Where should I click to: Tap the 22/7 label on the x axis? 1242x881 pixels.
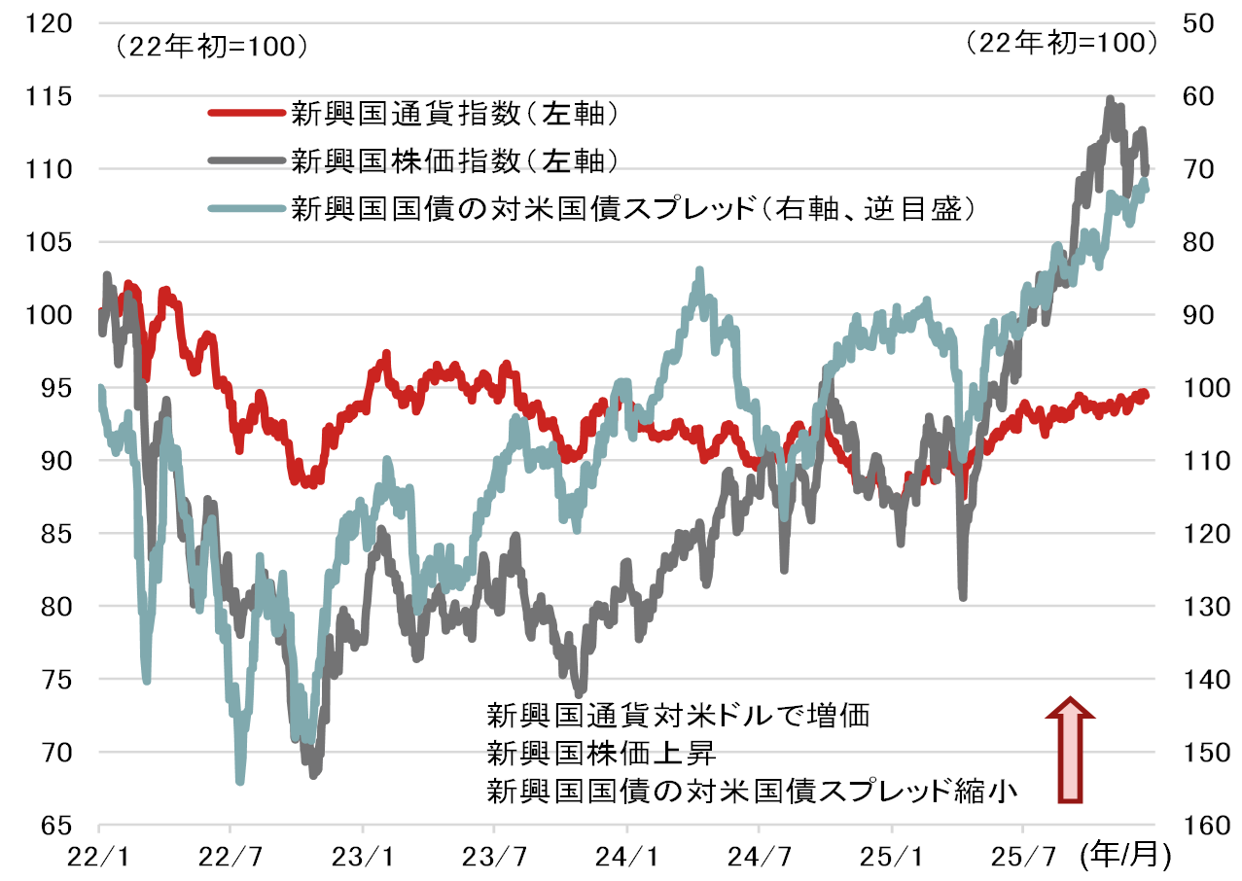230,858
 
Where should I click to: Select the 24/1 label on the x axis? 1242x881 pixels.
627,858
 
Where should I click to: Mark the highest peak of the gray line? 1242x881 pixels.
1110,98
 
